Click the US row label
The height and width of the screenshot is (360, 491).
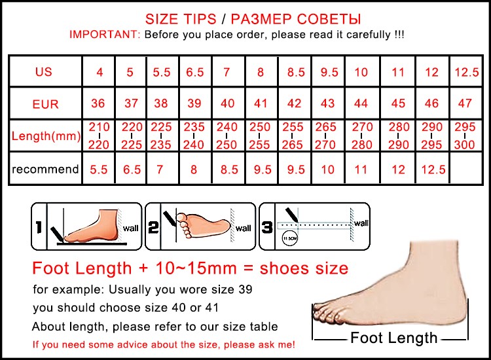(x=43, y=72)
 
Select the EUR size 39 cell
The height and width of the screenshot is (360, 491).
(x=194, y=103)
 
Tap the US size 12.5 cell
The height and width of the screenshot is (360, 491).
(x=467, y=72)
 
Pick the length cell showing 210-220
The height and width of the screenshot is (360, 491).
(x=99, y=135)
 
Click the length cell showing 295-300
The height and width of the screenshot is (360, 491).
(x=465, y=135)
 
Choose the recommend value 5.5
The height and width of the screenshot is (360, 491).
(x=99, y=170)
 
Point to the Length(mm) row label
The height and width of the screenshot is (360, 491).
(x=46, y=136)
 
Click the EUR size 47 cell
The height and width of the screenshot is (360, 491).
(x=465, y=103)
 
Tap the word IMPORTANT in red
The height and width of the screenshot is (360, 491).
(x=105, y=34)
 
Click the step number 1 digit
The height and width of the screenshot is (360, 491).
(x=39, y=227)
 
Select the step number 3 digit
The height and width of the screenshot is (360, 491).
(x=267, y=227)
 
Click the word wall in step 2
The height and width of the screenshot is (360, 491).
(x=244, y=228)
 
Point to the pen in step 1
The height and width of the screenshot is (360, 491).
(x=58, y=234)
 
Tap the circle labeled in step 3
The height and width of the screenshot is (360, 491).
(x=289, y=238)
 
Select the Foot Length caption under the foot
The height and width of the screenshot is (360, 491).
(x=393, y=338)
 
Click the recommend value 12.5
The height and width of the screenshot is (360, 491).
(x=433, y=170)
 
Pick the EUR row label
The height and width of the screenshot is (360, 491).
(x=45, y=104)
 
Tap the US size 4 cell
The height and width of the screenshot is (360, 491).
(x=100, y=72)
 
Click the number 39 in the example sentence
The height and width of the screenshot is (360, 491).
(x=245, y=289)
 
